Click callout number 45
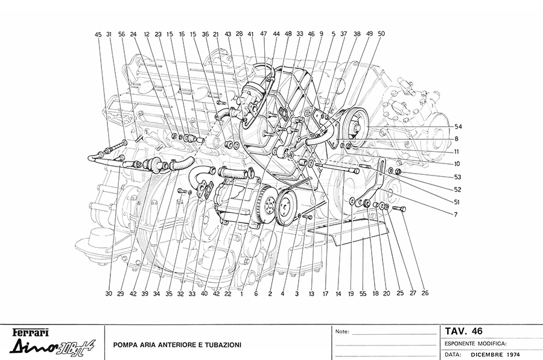coord(98,34)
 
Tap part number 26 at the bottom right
coord(425,294)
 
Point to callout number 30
coord(109,294)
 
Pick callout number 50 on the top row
coord(381,34)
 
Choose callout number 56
coord(122,34)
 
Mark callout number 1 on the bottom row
coord(241,294)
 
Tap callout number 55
coord(363,294)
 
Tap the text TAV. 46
coord(464,330)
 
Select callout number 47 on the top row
coord(264,34)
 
